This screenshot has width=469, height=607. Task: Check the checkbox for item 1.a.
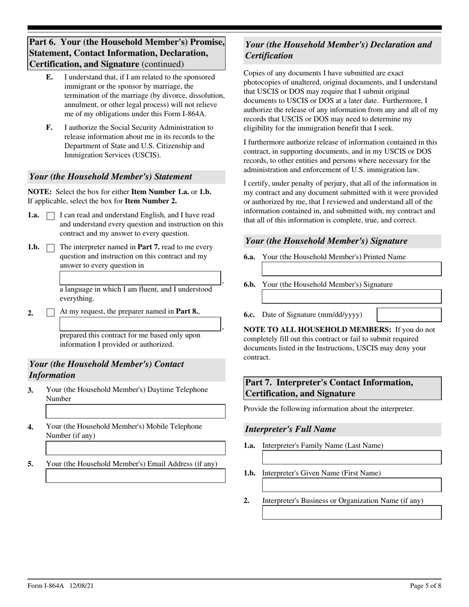click(50, 216)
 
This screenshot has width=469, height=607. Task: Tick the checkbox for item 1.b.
click(50, 248)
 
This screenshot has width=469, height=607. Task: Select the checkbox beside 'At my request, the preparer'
click(50, 312)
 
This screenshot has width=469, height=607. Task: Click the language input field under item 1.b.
click(140, 278)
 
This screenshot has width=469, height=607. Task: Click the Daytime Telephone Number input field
click(135, 411)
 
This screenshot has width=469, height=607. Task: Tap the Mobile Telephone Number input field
click(135, 448)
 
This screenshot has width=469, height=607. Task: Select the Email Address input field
click(135, 476)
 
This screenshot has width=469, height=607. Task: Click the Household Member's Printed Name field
click(352, 269)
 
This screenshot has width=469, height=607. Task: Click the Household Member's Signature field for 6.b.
click(352, 297)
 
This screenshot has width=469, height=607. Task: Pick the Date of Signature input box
click(409, 315)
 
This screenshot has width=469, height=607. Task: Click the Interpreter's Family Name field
click(352, 457)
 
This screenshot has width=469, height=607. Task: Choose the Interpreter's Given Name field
click(352, 485)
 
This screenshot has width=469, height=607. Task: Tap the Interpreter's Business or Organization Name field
click(352, 513)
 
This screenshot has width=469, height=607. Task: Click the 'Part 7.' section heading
click(329, 388)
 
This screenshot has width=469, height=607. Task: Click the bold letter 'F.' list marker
click(49, 127)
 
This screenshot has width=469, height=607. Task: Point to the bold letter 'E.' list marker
click(49, 77)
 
